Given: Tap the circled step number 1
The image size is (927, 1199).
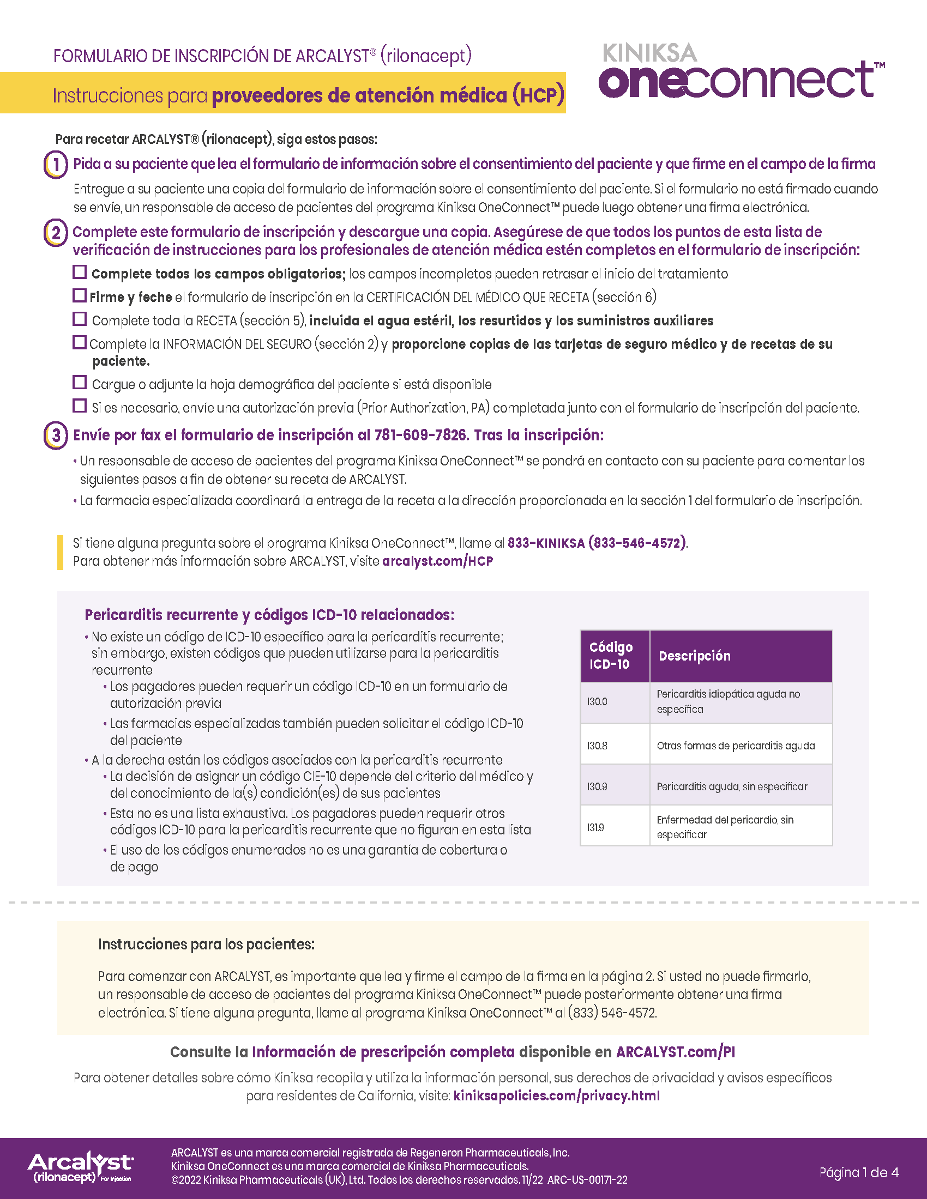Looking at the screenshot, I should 56,164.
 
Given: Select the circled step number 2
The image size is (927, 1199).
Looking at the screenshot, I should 56,233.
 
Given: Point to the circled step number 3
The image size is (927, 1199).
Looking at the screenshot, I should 56,435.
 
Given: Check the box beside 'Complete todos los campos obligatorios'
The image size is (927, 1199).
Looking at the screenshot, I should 80,272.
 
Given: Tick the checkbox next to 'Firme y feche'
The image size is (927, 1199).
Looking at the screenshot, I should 80,296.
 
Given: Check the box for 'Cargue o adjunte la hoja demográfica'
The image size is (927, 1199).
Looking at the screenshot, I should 80,382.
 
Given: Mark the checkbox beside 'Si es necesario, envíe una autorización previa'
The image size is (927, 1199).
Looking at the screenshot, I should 80,405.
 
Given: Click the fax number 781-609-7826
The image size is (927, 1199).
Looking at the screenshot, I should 420,435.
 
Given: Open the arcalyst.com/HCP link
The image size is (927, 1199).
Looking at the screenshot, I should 437,561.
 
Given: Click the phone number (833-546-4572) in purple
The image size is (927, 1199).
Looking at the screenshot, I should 637,543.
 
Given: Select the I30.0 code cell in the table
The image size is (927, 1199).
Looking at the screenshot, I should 615,701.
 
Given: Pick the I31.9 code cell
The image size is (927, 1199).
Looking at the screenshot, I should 615,827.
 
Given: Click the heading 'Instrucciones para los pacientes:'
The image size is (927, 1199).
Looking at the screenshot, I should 206,944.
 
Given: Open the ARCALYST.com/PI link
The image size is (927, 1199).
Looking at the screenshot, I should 675,1052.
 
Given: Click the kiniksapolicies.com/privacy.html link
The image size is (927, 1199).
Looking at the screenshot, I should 556,1096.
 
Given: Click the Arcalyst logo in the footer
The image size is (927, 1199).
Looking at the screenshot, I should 80,1168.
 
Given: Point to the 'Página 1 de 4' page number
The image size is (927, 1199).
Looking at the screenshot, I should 859,1173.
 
